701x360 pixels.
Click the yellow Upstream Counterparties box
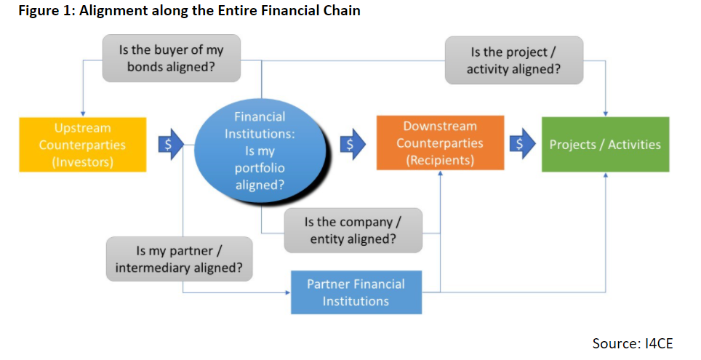pyautogui.click(x=82, y=144)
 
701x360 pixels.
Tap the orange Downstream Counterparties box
pyautogui.click(x=439, y=143)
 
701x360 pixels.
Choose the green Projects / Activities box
pyautogui.click(x=605, y=144)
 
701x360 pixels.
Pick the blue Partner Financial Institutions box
pyautogui.click(x=356, y=292)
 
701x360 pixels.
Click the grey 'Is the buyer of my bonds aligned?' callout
pyautogui.click(x=171, y=60)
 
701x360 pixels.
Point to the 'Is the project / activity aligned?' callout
pyautogui.click(x=515, y=61)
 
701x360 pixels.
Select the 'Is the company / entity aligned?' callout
pyautogui.click(x=353, y=230)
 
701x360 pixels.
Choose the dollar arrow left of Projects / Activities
pyautogui.click(x=520, y=144)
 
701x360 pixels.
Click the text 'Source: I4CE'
pyautogui.click(x=633, y=343)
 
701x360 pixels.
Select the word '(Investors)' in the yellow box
pyautogui.click(x=82, y=161)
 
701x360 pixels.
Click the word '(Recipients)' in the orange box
pyautogui.click(x=439, y=160)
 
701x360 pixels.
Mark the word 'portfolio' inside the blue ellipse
pyautogui.click(x=260, y=168)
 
